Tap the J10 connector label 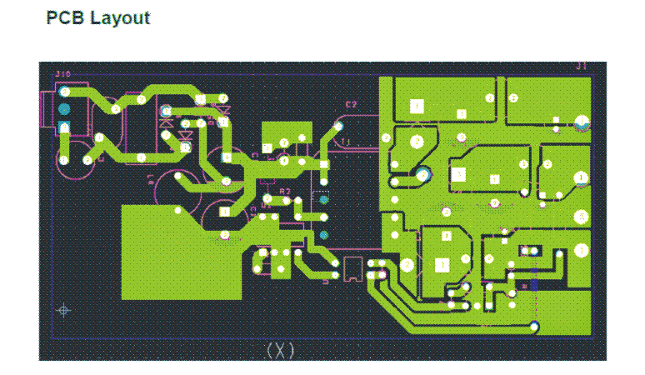62,74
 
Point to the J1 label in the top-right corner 582,66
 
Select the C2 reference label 351,105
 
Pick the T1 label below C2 347,141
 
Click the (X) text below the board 280,350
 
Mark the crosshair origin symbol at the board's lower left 62,311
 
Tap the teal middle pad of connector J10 63,110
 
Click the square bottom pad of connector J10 63,127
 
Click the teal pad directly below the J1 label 582,123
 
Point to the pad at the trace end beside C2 338,126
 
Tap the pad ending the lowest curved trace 533,325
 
